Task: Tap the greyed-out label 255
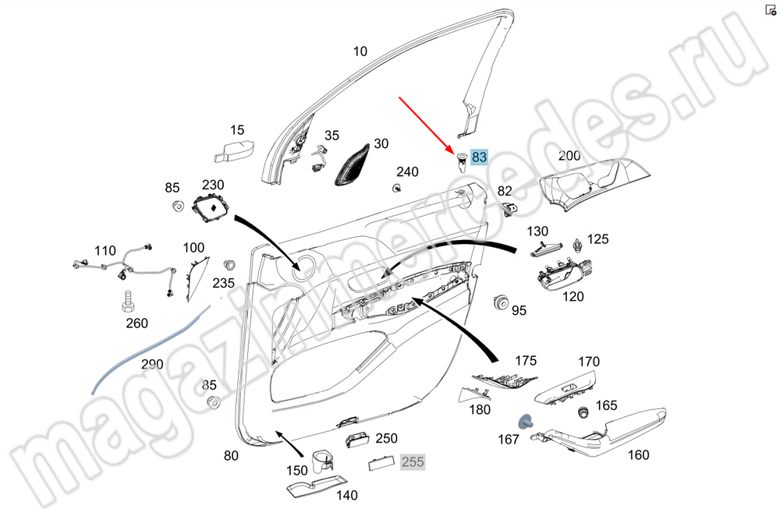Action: (413, 462)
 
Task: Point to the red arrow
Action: (427, 124)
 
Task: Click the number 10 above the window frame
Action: (360, 52)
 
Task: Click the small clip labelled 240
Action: (397, 188)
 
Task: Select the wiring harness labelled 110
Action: (125, 270)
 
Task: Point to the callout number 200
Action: (569, 156)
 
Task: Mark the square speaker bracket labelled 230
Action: (209, 208)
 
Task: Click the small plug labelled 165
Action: (581, 411)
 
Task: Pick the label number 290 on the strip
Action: (153, 365)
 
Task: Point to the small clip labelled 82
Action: (511, 207)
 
